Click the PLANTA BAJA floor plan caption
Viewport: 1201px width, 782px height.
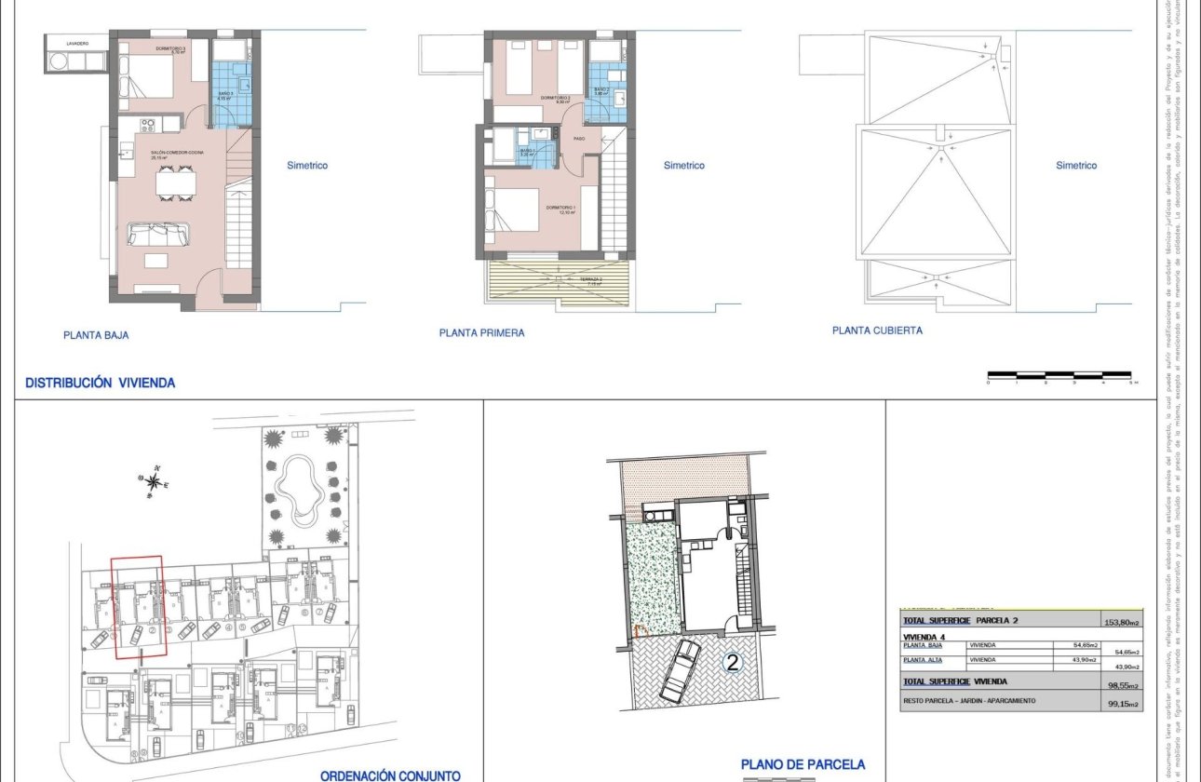96,335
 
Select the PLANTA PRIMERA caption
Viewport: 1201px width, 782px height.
481,332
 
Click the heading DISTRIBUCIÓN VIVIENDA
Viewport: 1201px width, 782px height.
100,382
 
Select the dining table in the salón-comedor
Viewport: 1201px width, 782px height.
176,182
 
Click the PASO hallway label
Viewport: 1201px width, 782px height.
578,140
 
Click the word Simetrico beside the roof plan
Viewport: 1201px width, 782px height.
1076,166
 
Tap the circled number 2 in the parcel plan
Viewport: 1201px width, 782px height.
733,663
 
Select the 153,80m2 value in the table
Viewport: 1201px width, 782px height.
1122,622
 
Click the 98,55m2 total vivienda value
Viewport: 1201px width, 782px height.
1121,684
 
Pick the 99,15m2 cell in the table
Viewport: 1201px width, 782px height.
1121,704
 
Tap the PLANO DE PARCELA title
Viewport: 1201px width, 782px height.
803,764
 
